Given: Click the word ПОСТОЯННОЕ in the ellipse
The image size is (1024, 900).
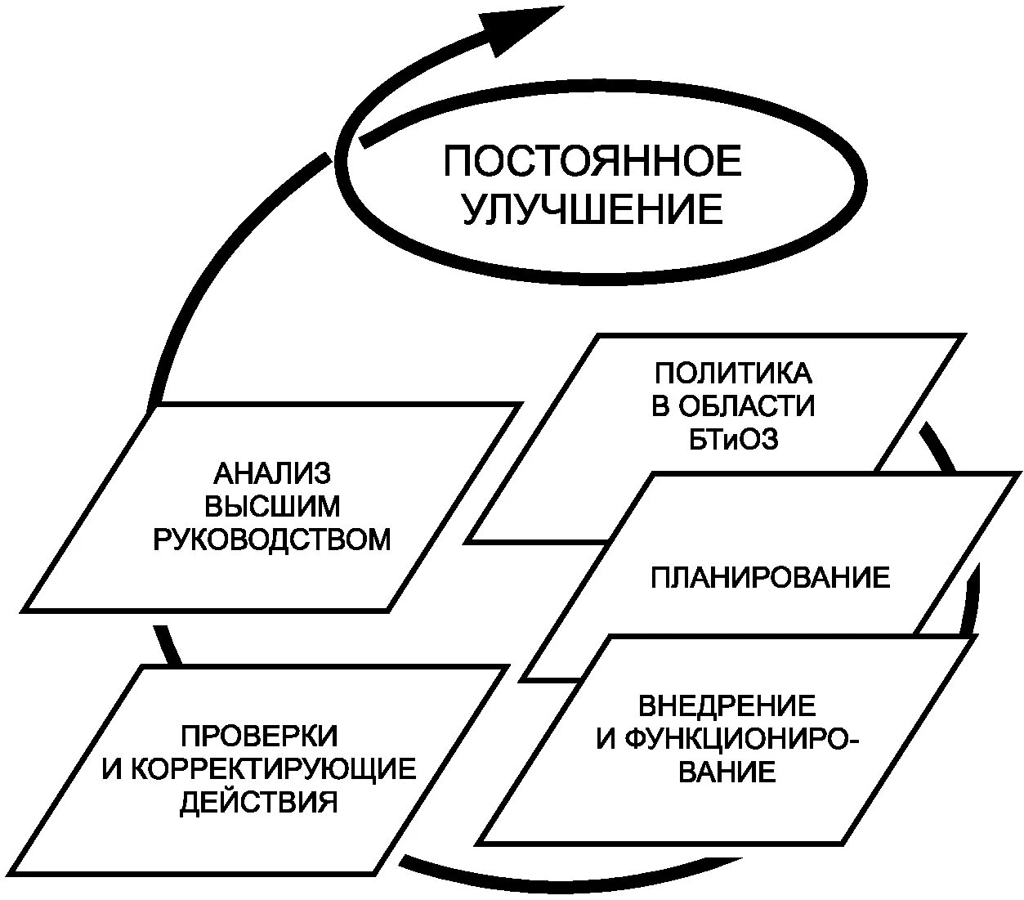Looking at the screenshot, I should coord(592,161).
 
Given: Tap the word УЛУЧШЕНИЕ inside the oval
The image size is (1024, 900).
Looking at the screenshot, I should coord(593,209).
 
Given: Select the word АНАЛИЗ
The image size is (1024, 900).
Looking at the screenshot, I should coord(272,473).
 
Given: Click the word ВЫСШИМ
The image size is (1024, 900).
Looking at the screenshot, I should coord(272,506).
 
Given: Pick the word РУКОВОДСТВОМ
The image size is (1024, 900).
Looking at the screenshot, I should coord(272,540).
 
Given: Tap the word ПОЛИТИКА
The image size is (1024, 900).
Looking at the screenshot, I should coord(733,374).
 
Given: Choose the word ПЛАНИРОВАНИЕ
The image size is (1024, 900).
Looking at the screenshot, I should coord(771,578).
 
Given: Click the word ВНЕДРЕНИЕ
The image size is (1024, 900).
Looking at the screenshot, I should coord(727,705).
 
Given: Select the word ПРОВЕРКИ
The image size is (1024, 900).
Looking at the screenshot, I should coord(259,735).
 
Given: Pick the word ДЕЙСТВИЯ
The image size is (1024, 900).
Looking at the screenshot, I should coord(259,802).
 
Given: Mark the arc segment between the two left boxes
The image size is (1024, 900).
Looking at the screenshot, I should coord(168,645).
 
